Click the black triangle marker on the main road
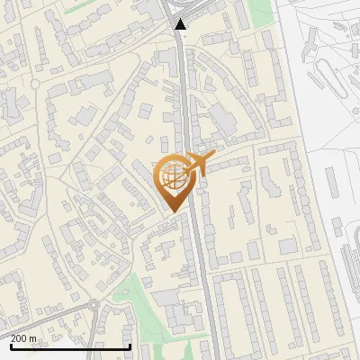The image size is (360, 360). pos(181,23)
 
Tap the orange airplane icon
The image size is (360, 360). pos(197,164)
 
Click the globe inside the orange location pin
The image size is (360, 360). pos(171,175)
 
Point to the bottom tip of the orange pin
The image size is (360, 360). pos(172,211)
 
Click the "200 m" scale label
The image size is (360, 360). pos(23,337)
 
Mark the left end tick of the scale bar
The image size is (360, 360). pos(10,345)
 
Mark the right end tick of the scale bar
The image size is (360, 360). pos(130,345)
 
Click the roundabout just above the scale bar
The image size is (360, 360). pos(94,304)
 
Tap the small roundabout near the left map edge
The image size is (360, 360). pos(35,84)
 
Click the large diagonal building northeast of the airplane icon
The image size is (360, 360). pos(220,117)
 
